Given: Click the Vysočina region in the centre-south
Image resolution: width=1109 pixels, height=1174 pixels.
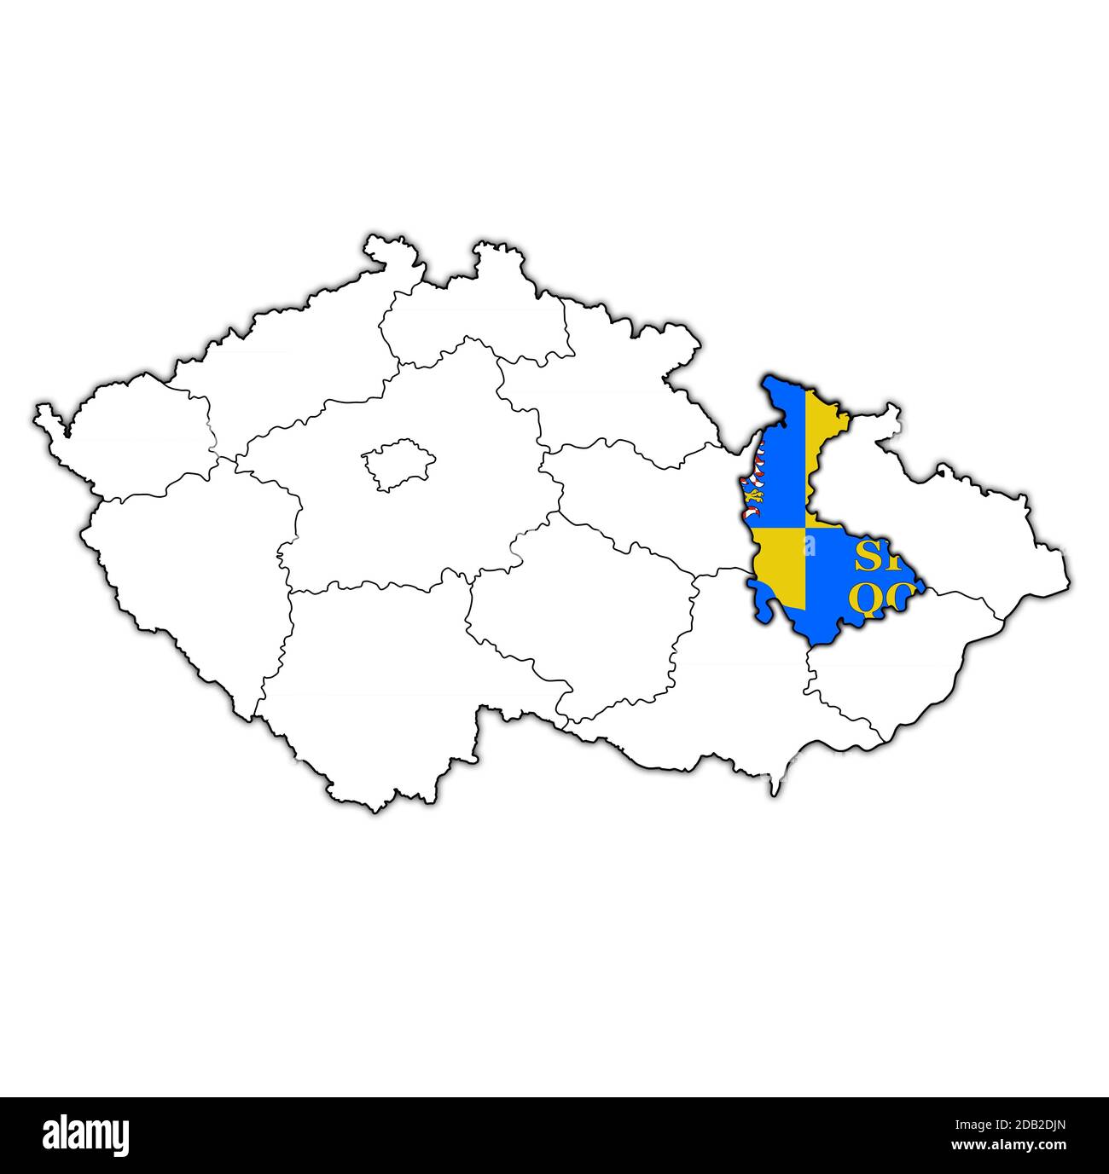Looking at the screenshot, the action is pyautogui.click(x=580, y=614).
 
